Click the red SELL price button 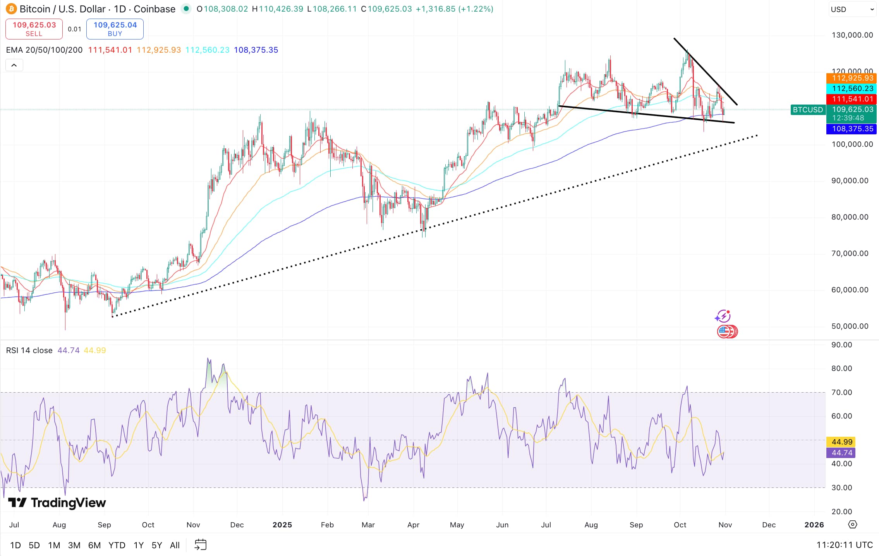point(34,29)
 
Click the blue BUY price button point(115,29)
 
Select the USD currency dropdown point(852,9)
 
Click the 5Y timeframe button point(156,545)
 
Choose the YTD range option point(117,545)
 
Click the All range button point(175,545)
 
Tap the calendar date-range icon point(200,545)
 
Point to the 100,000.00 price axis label point(852,144)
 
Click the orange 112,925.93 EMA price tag point(852,78)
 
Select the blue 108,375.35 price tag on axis point(852,129)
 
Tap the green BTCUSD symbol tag point(808,110)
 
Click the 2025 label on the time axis point(282,525)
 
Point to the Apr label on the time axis point(413,525)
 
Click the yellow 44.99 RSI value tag point(841,442)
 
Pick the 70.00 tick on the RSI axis point(841,393)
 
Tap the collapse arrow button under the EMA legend point(14,65)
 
